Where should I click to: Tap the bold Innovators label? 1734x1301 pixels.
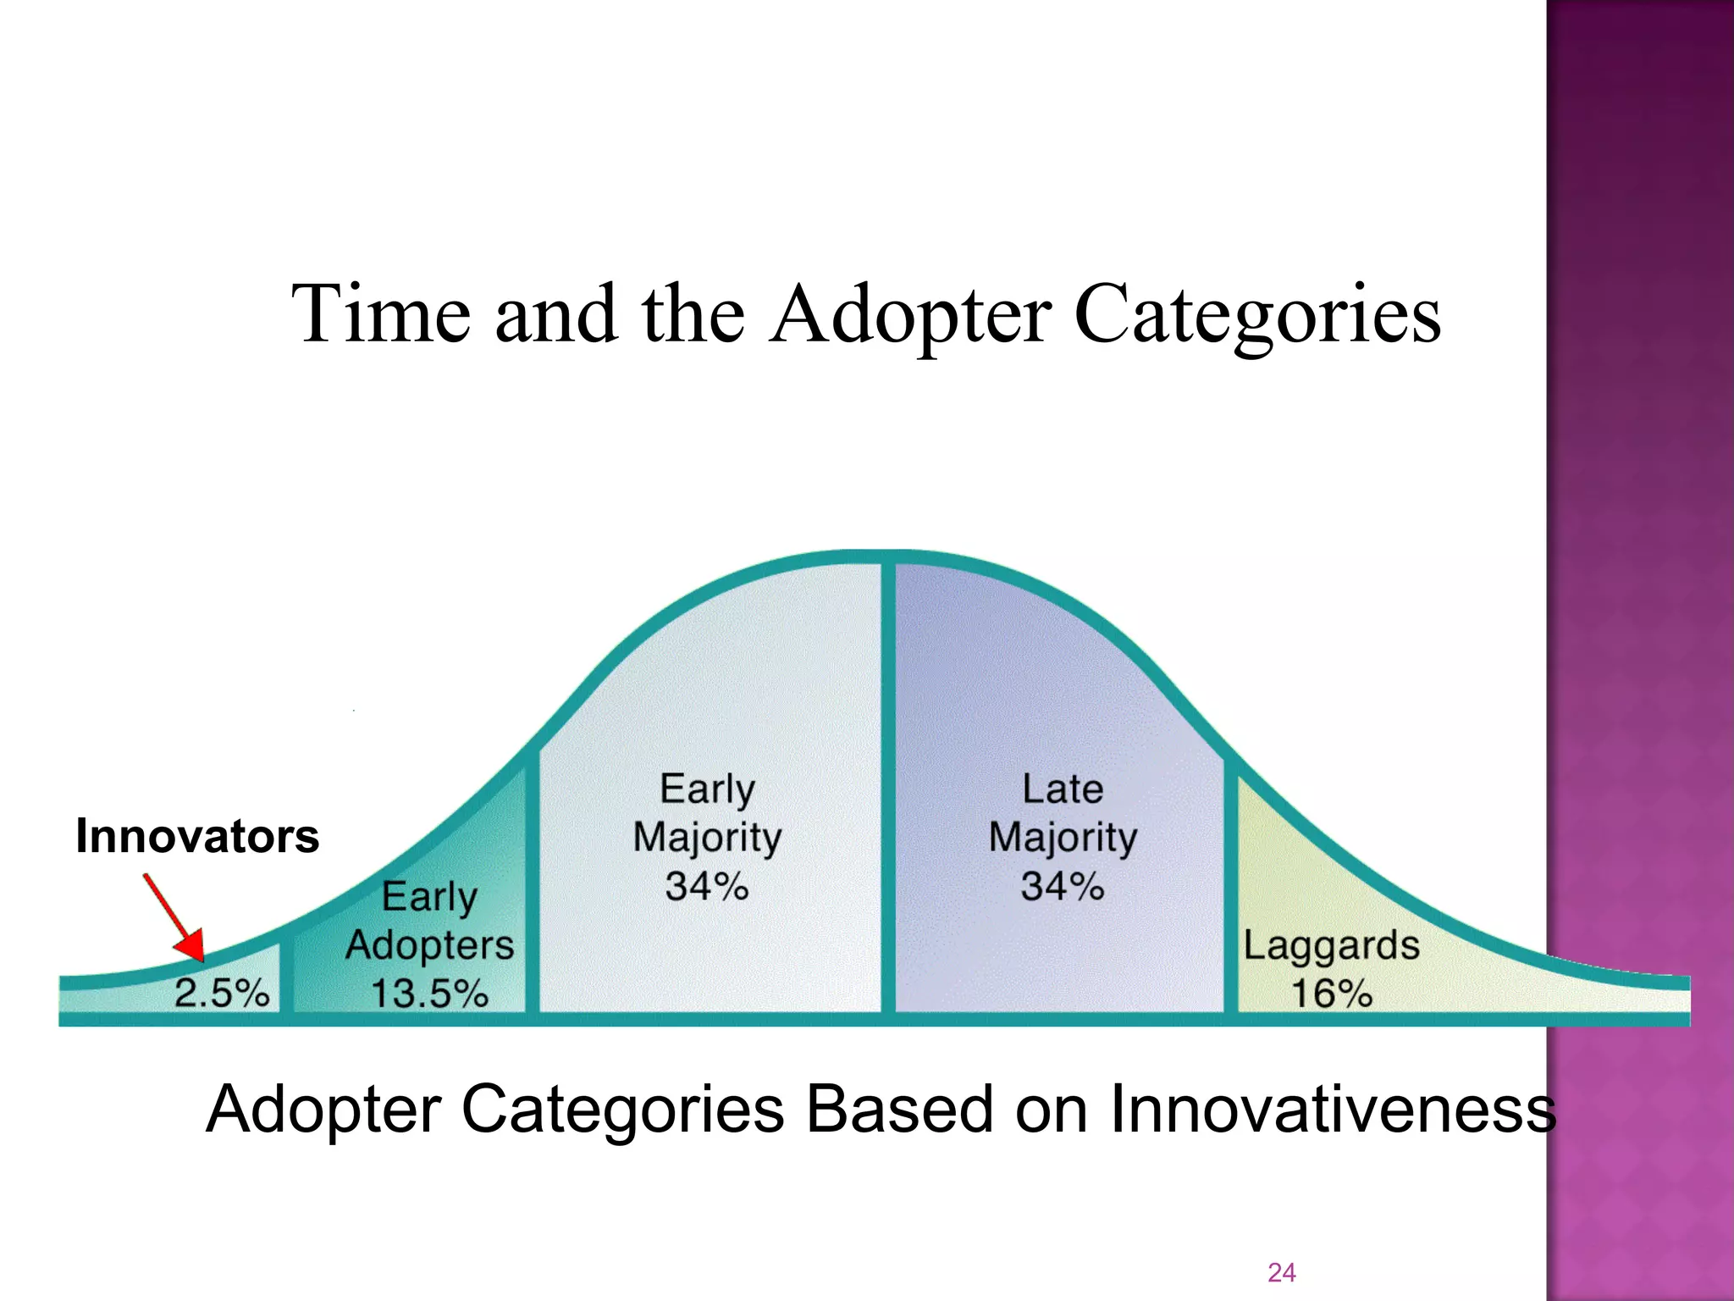(197, 836)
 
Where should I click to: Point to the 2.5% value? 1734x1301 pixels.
(222, 993)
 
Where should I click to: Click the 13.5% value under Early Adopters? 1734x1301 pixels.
(429, 993)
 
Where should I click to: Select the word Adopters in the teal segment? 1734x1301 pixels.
(429, 944)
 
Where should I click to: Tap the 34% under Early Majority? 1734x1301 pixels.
(707, 887)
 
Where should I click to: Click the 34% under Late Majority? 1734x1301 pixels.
(1063, 887)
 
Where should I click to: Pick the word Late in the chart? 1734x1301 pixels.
(1063, 789)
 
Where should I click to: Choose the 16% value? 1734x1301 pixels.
(1331, 993)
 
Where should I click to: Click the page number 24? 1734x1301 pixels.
(1281, 1272)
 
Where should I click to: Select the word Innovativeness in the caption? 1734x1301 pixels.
(1333, 1110)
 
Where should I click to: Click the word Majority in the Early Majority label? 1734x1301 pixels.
(707, 839)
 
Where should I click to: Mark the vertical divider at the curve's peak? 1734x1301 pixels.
(888, 788)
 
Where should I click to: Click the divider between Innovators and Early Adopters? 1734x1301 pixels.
(286, 974)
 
